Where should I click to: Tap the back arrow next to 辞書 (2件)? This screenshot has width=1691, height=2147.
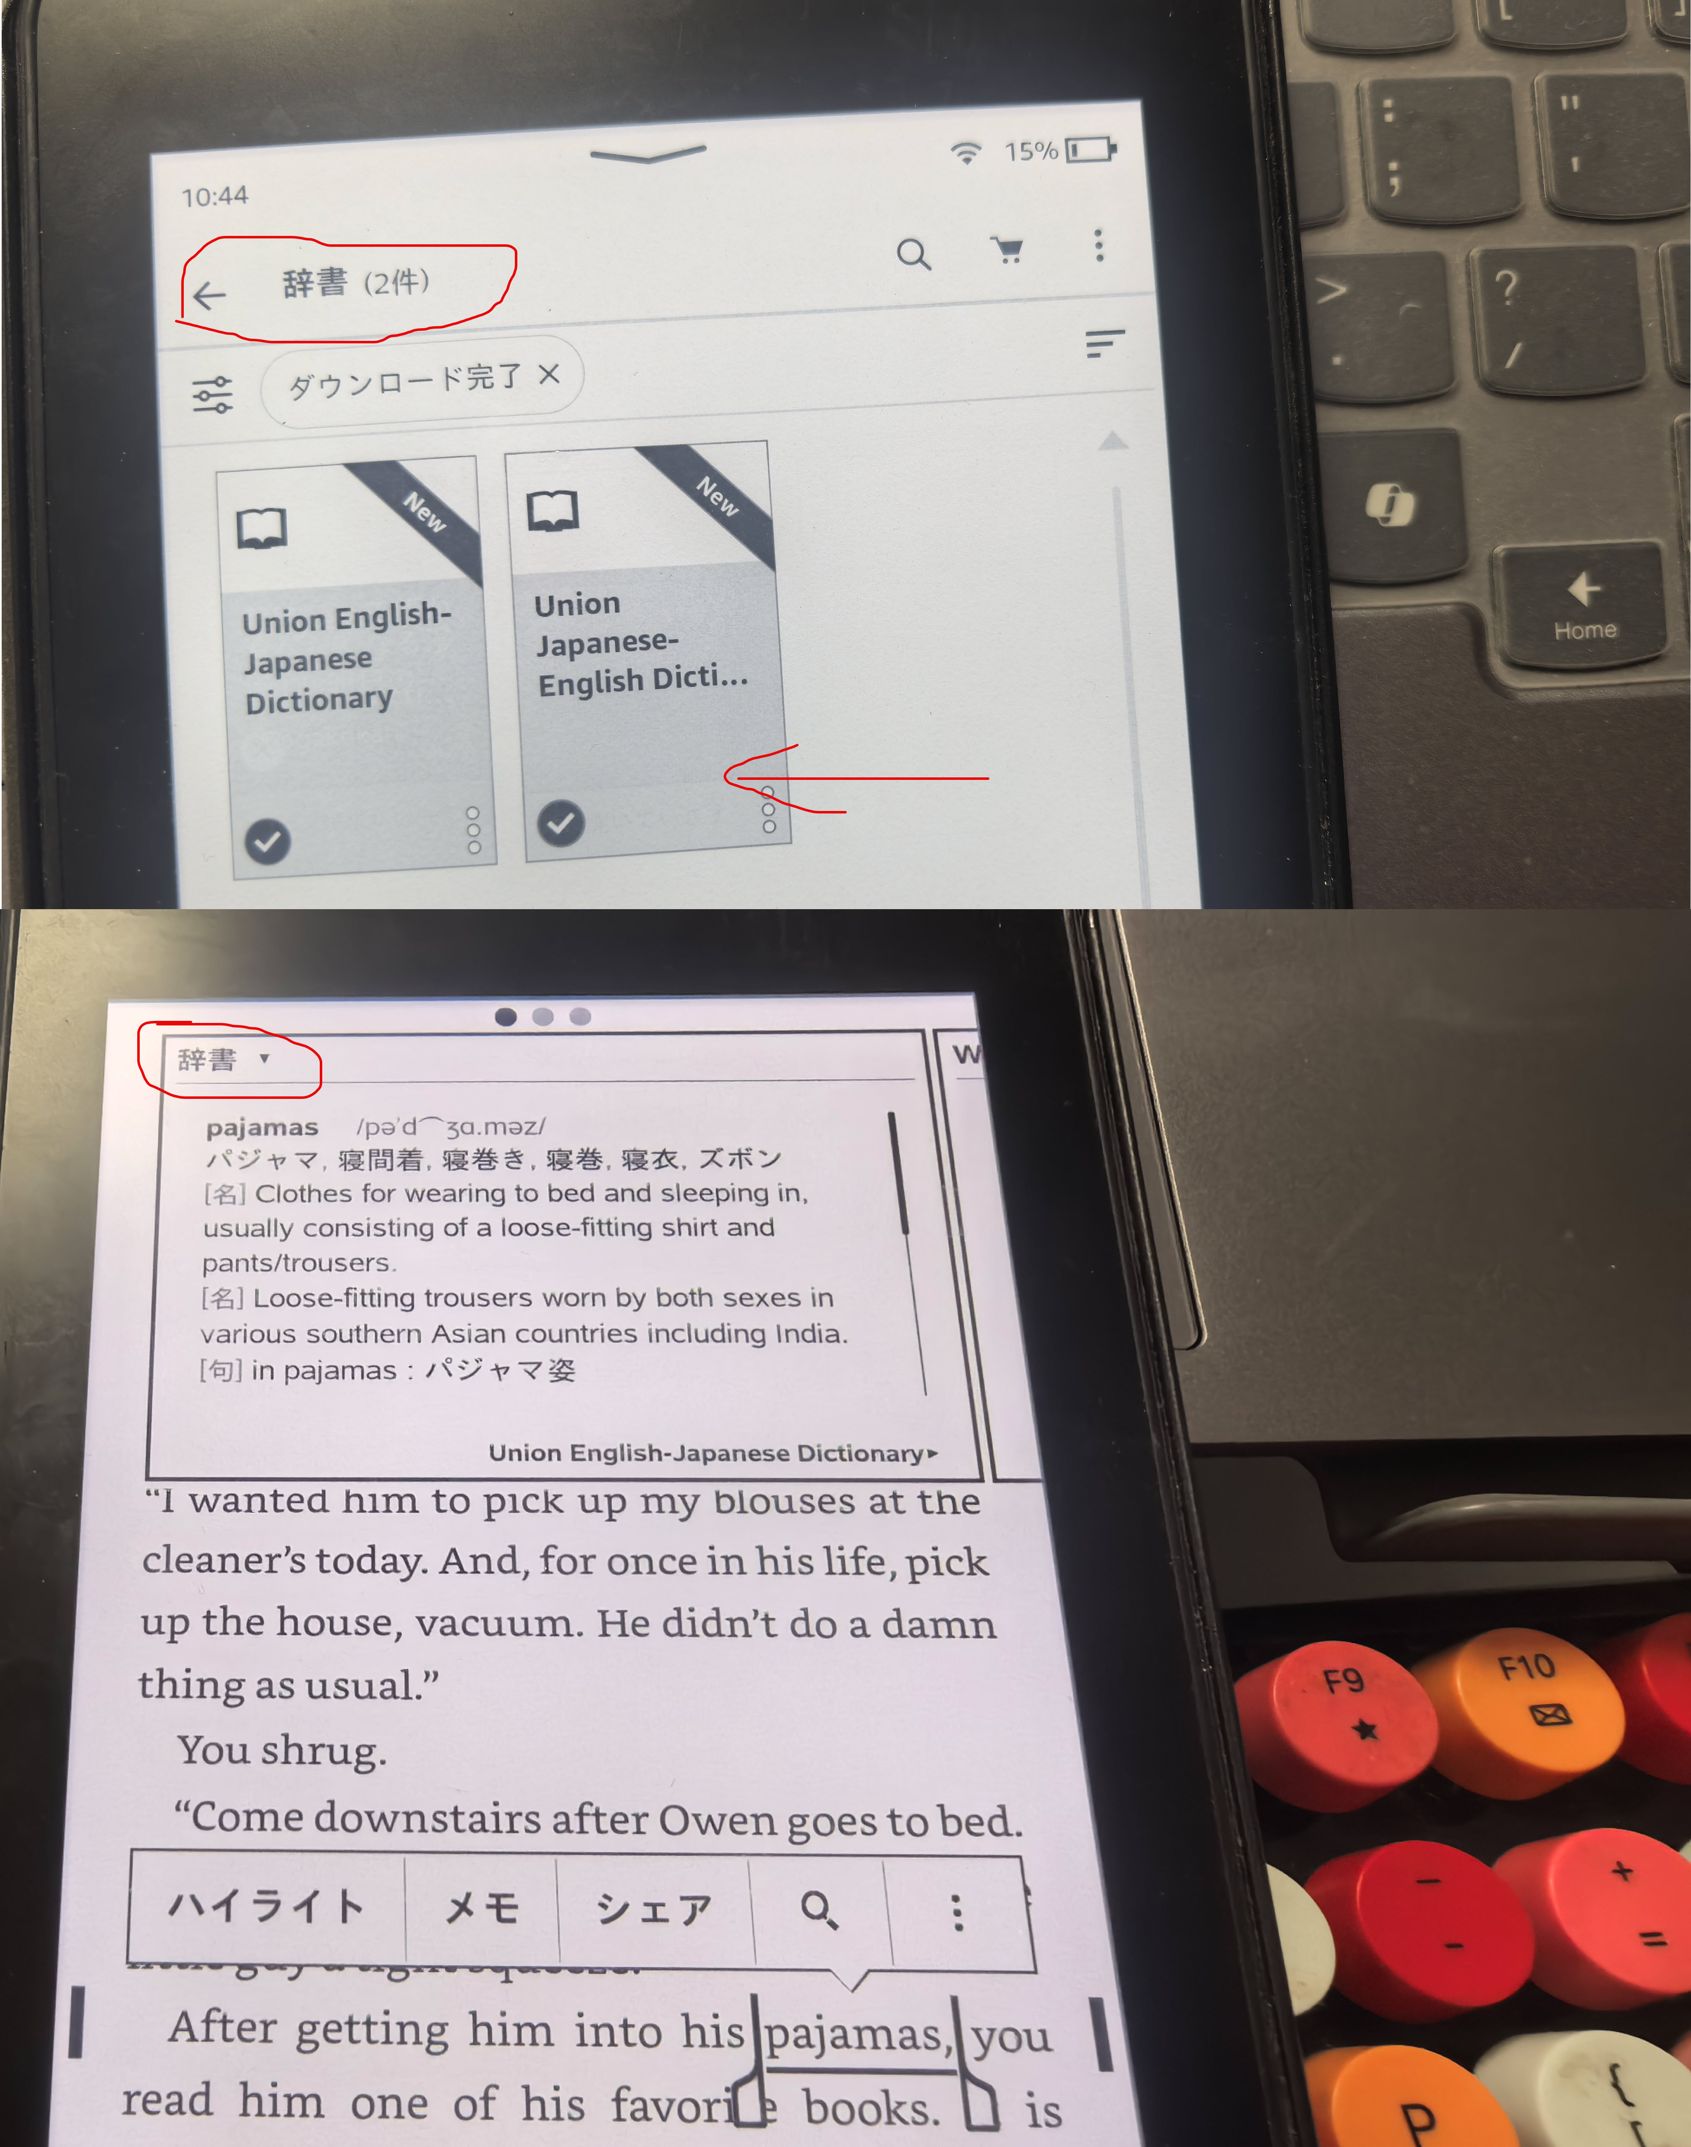point(209,295)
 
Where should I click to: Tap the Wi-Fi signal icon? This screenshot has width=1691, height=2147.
point(965,152)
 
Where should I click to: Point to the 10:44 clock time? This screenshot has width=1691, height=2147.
point(215,196)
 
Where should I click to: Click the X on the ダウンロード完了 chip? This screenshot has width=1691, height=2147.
point(550,374)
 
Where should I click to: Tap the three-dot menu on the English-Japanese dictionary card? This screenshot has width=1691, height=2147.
point(473,830)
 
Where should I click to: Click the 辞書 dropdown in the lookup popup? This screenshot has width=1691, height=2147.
point(223,1059)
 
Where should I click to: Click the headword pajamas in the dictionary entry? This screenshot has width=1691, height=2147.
point(261,1127)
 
